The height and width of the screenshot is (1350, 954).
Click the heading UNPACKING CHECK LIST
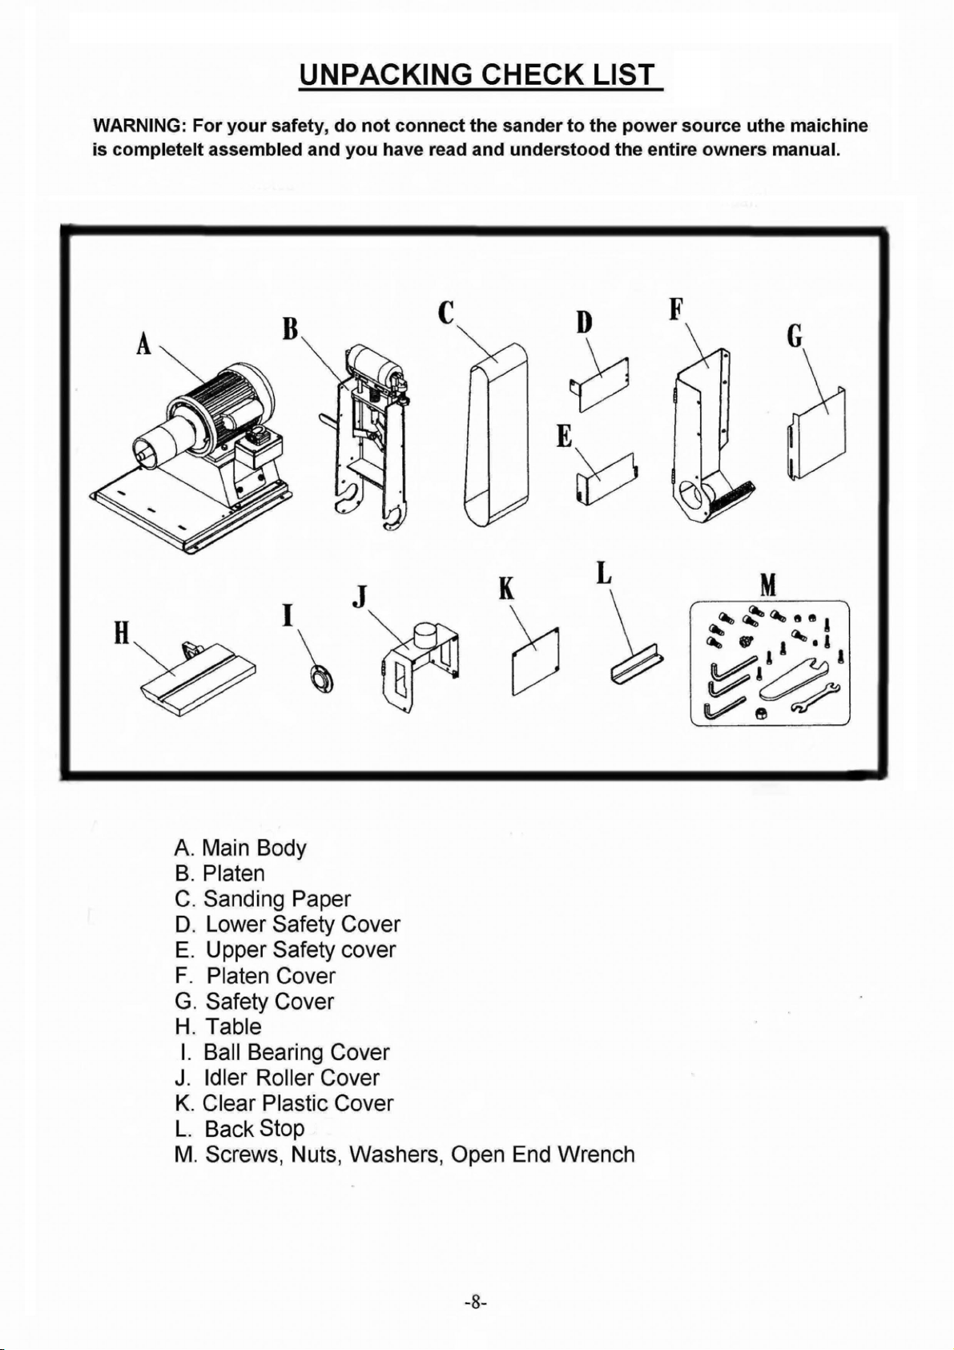[x=478, y=75]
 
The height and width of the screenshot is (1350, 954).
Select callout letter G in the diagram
[x=795, y=337]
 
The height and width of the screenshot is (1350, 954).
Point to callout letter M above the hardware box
[x=768, y=586]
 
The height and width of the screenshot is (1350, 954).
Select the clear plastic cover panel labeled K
[x=536, y=661]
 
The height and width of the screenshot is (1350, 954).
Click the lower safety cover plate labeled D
[x=604, y=385]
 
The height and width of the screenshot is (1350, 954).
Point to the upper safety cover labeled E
[x=606, y=478]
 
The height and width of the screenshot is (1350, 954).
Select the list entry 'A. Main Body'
[x=240, y=848]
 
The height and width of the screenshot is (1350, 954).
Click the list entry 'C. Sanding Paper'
[x=263, y=899]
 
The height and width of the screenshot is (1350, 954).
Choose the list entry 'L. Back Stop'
[x=240, y=1129]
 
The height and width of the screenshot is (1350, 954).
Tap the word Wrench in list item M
[x=596, y=1155]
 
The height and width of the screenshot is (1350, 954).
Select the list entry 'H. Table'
[x=218, y=1027]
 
